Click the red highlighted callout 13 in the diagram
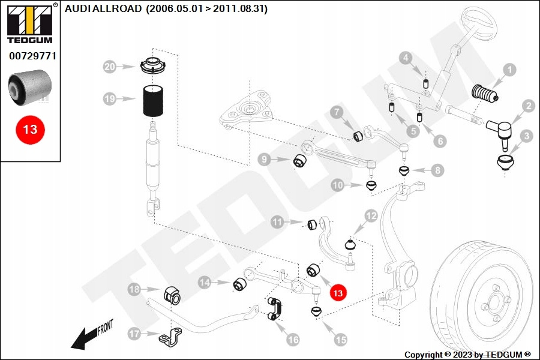[338, 293]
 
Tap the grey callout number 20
[109, 67]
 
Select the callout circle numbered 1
[509, 70]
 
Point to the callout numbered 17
[134, 334]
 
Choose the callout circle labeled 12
[371, 215]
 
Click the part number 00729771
[32, 56]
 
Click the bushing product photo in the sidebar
[30, 85]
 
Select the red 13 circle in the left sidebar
[30, 129]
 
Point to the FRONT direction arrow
[90, 336]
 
